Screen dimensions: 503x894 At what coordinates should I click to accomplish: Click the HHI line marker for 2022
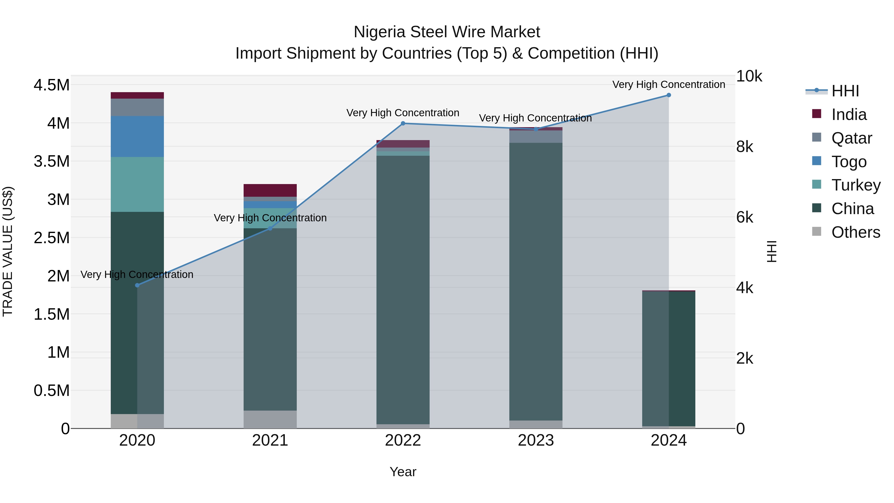(x=403, y=123)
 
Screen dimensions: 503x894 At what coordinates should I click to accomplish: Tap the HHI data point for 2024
(x=669, y=95)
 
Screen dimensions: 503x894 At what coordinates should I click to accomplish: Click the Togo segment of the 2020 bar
(x=137, y=136)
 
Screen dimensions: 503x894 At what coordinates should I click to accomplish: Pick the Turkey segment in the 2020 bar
(x=137, y=184)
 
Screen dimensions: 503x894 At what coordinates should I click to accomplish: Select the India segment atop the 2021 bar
(x=270, y=190)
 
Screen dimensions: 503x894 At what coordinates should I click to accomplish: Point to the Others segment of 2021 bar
(x=270, y=419)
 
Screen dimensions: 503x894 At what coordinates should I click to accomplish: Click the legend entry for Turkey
(x=856, y=185)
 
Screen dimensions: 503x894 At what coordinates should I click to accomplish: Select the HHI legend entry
(x=845, y=91)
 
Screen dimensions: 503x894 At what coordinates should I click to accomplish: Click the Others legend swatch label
(x=856, y=232)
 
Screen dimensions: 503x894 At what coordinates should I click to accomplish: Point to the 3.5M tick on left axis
(x=51, y=161)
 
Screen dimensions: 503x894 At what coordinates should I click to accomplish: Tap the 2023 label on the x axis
(x=536, y=440)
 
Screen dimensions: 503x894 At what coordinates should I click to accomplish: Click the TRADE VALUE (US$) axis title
(x=8, y=251)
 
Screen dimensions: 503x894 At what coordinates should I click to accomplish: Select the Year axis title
(x=403, y=472)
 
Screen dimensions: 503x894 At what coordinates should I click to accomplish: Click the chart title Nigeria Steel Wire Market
(x=447, y=32)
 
